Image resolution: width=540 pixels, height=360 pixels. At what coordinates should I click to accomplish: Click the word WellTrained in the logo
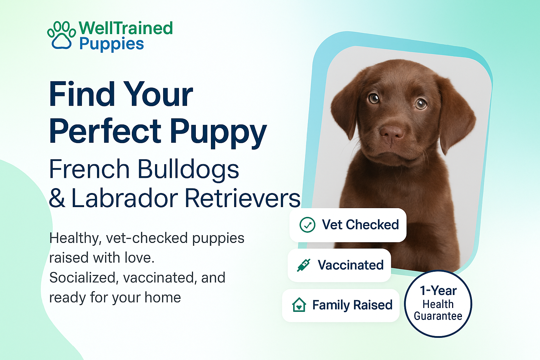tap(126, 28)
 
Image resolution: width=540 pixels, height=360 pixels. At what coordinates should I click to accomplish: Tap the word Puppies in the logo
tap(111, 44)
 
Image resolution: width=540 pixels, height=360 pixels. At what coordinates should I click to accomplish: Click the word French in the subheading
tap(89, 169)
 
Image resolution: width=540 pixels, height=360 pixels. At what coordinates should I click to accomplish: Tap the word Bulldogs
tap(188, 169)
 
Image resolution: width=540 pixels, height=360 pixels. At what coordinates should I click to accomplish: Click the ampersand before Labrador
tap(57, 198)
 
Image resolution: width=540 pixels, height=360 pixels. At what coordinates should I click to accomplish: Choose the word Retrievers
tap(243, 198)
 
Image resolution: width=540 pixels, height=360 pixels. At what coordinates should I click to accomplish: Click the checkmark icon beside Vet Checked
tap(307, 225)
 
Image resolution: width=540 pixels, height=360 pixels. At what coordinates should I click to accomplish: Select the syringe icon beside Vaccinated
tap(304, 265)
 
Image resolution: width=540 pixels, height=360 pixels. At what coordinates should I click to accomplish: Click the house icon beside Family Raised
tap(299, 305)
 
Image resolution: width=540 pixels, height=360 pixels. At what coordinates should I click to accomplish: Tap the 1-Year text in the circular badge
tap(438, 290)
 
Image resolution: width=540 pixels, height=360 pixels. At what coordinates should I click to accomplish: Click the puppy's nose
tap(391, 133)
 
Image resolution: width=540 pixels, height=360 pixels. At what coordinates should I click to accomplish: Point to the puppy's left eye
tap(421, 104)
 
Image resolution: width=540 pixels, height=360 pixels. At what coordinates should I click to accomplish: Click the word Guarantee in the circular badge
tap(438, 316)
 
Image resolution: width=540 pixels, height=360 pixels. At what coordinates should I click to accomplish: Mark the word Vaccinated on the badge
tap(351, 265)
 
